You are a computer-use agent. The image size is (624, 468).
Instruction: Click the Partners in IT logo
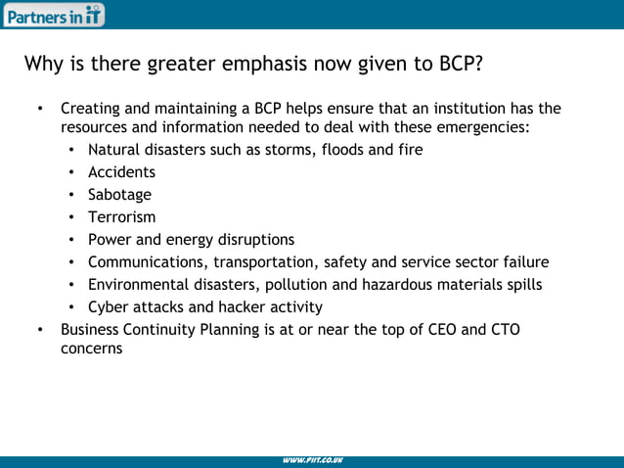[x=54, y=14]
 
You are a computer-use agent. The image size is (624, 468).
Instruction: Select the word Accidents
[x=121, y=171]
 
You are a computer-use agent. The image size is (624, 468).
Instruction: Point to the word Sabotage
[x=119, y=194]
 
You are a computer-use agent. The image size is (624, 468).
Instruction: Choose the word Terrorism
[x=121, y=216]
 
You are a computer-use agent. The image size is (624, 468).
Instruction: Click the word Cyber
[x=108, y=306]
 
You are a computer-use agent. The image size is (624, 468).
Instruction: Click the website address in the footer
[x=312, y=461]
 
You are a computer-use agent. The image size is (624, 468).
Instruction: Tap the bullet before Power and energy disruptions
[x=73, y=239]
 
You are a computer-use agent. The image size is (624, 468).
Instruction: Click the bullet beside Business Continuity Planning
[x=40, y=329]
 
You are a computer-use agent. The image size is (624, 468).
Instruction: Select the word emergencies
[x=479, y=127]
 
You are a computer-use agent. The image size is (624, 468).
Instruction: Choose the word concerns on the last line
[x=91, y=348]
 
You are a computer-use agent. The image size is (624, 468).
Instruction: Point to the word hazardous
[x=396, y=284]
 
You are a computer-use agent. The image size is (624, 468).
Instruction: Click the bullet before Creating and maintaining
[x=40, y=108]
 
